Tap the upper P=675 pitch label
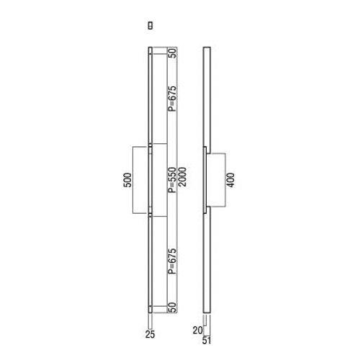click(172, 94)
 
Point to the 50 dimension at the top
click(172, 53)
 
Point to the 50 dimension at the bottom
click(172, 307)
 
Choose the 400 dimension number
click(230, 180)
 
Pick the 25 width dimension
click(150, 333)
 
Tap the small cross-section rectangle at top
click(150, 24)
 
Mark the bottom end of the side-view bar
click(207, 311)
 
